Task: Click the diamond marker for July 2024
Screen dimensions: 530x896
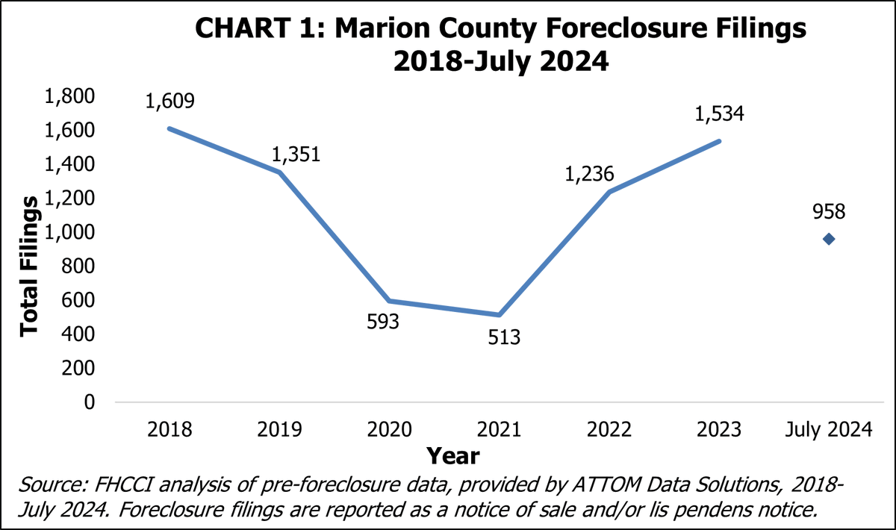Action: click(829, 239)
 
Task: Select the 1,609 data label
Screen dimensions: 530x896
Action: click(170, 101)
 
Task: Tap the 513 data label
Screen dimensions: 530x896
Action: click(499, 337)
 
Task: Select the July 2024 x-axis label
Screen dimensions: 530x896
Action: click(829, 430)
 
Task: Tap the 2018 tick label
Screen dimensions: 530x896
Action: click(170, 430)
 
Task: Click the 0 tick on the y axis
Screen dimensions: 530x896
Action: click(90, 402)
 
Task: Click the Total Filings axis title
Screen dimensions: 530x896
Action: click(28, 265)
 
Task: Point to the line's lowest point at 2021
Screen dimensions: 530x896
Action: click(500, 314)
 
